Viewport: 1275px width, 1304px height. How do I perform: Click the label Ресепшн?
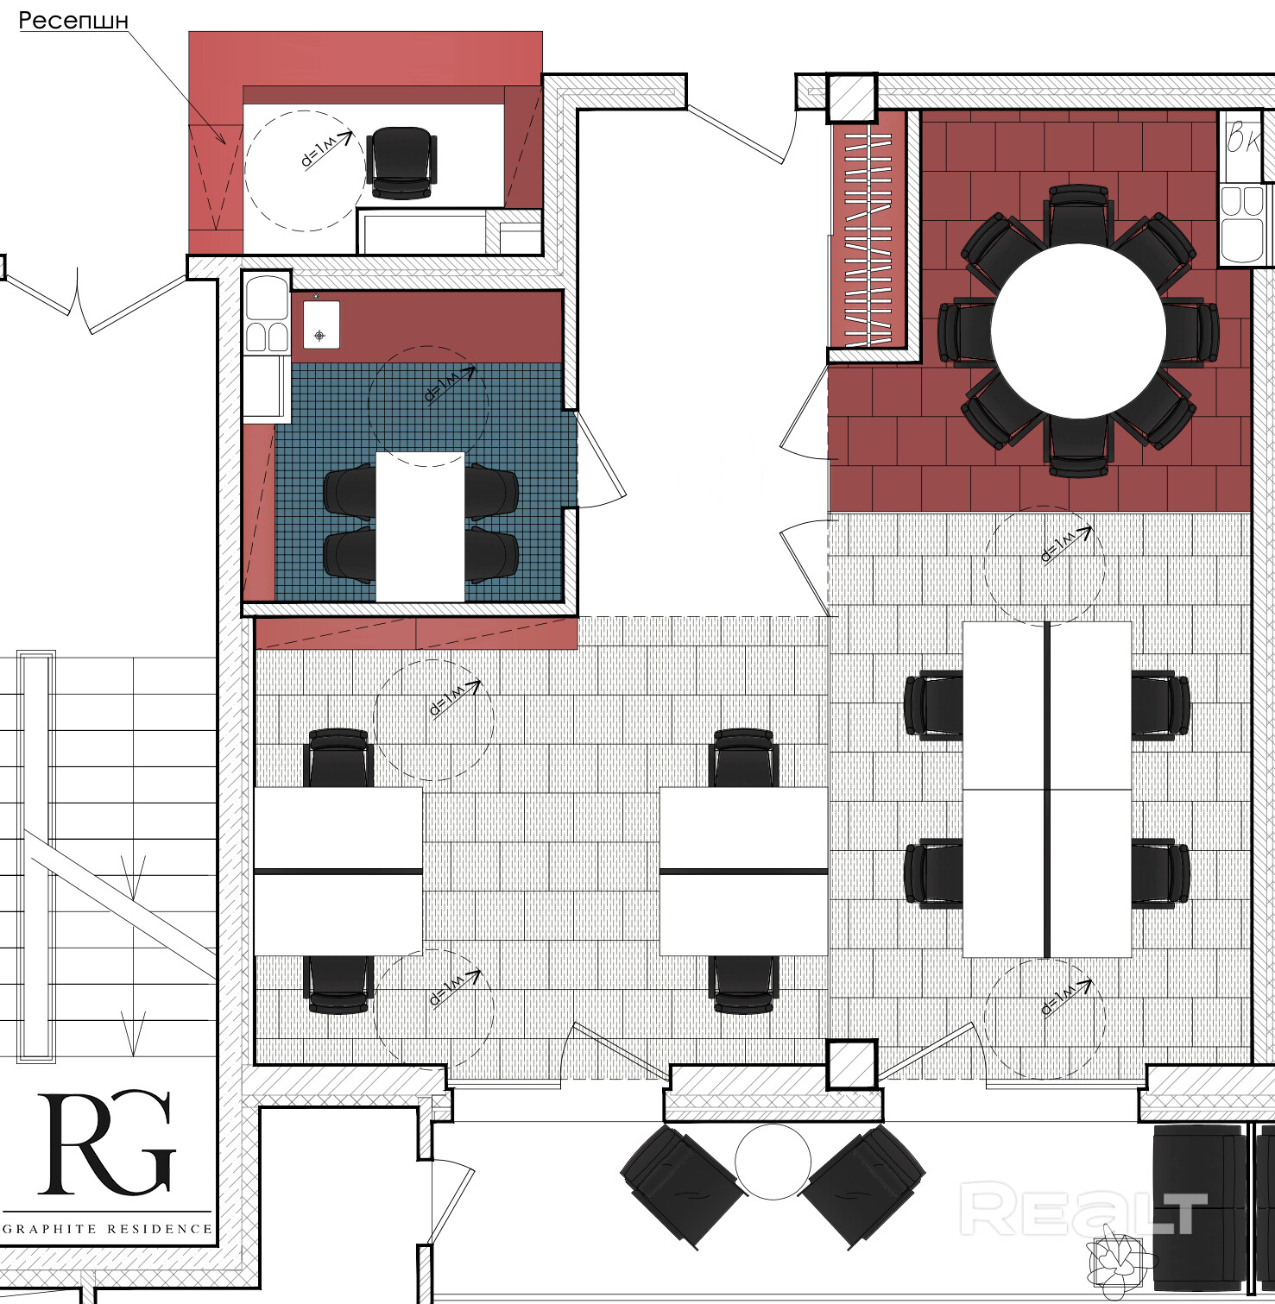(x=73, y=21)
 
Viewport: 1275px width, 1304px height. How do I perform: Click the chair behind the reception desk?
(x=401, y=163)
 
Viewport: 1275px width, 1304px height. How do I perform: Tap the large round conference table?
(x=1078, y=331)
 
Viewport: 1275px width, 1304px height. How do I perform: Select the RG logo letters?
(x=107, y=1143)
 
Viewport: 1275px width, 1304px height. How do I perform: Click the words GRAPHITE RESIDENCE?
(x=108, y=1228)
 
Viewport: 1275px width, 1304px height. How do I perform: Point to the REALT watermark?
(x=1083, y=1209)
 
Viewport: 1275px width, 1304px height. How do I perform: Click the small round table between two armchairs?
(x=773, y=1162)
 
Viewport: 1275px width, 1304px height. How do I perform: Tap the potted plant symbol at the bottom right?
(x=1120, y=1262)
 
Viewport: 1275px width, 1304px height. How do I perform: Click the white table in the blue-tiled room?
(x=420, y=526)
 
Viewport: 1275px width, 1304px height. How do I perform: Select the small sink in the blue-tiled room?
(x=321, y=324)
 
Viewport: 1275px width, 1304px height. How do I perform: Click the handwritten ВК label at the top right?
(x=1244, y=137)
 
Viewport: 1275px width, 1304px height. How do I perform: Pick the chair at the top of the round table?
(x=1077, y=214)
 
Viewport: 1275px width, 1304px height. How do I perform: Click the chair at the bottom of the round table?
(x=1078, y=445)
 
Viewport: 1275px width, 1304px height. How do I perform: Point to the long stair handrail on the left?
(x=35, y=854)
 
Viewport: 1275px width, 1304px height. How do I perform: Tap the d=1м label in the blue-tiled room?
(x=449, y=384)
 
